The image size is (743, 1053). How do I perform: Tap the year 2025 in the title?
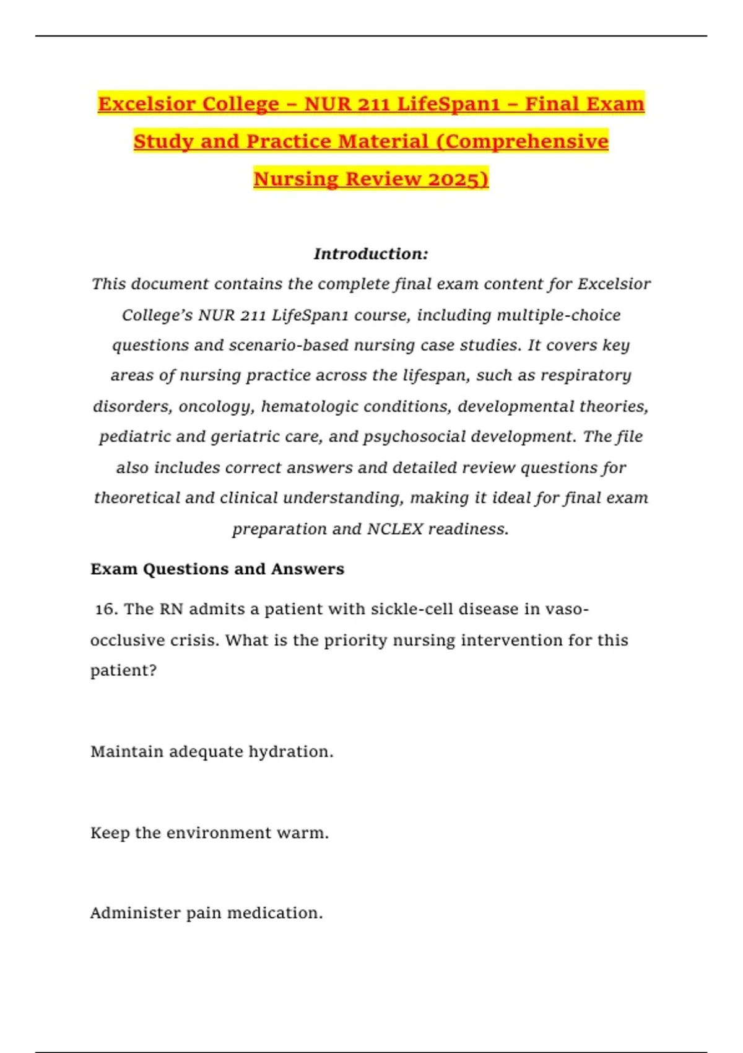[x=458, y=179]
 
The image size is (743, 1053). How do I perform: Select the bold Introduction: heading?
[x=371, y=254]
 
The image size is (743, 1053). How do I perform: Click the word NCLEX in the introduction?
[x=395, y=529]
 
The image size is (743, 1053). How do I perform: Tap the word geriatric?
[x=241, y=437]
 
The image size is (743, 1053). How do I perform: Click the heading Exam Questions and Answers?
[x=217, y=569]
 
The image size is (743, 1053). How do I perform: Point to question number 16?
[x=106, y=610]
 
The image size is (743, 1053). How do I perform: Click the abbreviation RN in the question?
[x=171, y=610]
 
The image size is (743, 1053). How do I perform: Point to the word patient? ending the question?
[x=123, y=671]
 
